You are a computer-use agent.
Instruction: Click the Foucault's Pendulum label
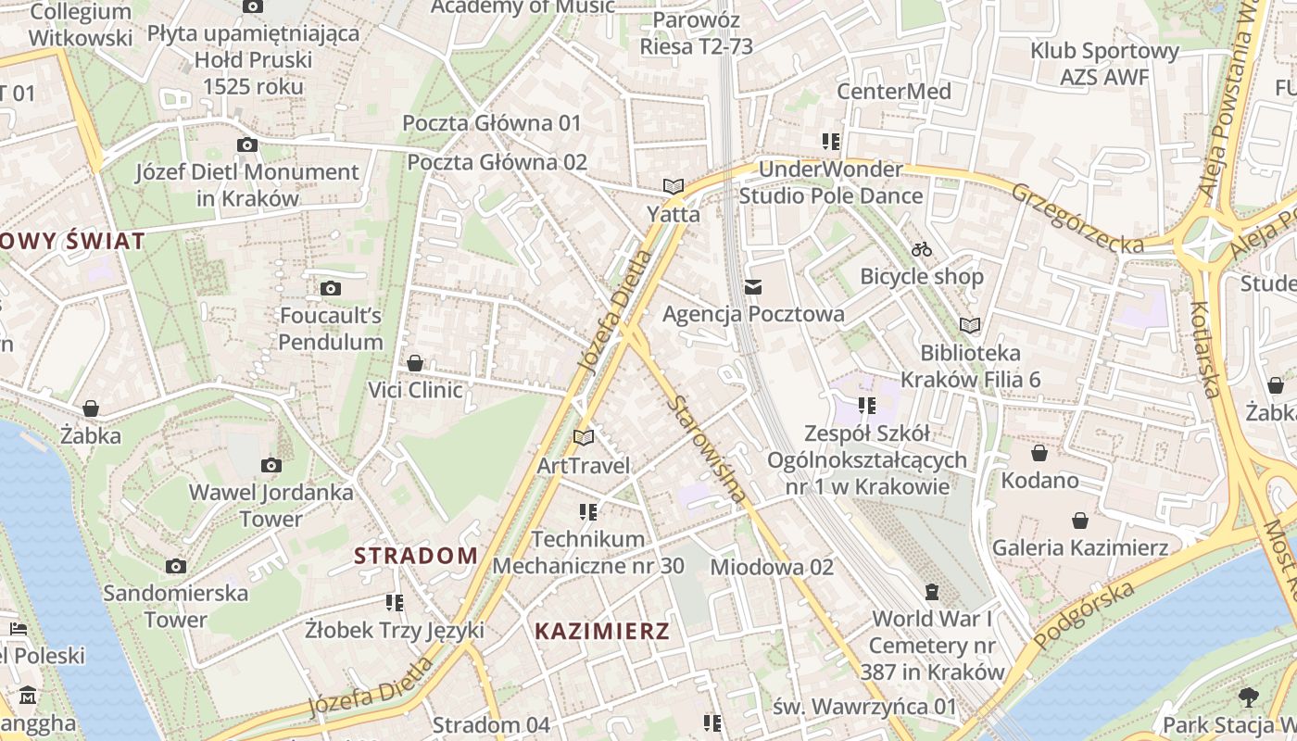[331, 329]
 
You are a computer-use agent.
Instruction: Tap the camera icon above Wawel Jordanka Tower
[271, 465]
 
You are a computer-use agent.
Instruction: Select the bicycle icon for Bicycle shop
[921, 249]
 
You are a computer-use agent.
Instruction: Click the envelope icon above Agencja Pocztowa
[753, 287]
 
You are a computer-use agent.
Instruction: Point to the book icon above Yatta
[674, 186]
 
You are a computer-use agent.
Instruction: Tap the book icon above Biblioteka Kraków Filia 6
[969, 325]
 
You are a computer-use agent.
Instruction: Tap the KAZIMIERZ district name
[601, 632]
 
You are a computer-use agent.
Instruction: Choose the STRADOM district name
[416, 556]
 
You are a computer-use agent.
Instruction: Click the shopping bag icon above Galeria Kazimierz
[1079, 521]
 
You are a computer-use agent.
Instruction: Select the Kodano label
[1039, 480]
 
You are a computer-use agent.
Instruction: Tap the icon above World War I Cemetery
[932, 591]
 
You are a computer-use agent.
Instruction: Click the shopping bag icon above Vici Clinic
[415, 362]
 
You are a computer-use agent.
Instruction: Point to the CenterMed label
[893, 91]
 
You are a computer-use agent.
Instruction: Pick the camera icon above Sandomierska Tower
[175, 566]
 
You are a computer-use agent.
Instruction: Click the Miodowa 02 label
[772, 566]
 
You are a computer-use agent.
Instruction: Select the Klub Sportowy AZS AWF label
[1104, 64]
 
